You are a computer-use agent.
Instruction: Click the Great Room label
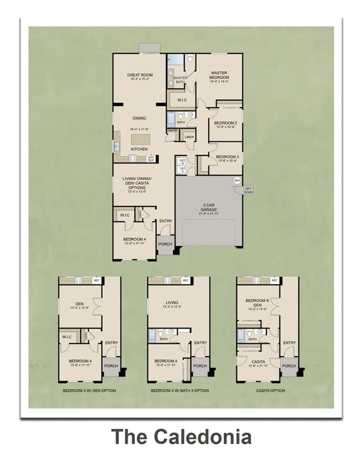point(140,75)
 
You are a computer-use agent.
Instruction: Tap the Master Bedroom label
point(219,75)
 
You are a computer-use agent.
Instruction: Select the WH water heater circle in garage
point(237,180)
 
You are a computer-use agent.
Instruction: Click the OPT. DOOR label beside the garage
point(249,190)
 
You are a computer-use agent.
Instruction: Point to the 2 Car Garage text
point(209,207)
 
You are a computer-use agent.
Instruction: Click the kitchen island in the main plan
point(141,139)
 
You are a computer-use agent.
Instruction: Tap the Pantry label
point(172,130)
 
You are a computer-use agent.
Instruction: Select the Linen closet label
point(189,137)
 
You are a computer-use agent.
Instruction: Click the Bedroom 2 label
point(225,123)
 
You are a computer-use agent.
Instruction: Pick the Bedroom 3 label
point(227,157)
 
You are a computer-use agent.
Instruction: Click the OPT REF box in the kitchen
point(151,159)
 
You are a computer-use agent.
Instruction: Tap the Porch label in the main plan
point(165,244)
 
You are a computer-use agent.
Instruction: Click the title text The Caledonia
point(181,437)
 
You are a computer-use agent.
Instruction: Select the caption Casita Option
point(270,390)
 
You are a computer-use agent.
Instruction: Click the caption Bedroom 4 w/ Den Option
point(89,390)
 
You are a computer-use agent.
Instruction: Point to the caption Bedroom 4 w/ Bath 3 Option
point(180,390)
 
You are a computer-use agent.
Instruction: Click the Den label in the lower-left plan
point(79,304)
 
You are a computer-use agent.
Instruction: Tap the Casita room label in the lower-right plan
point(258,362)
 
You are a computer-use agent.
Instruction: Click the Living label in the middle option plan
point(172,302)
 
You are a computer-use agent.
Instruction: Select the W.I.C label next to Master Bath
point(182,100)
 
